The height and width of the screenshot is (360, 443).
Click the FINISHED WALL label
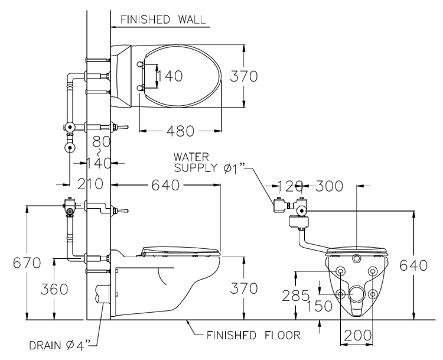(x=163, y=20)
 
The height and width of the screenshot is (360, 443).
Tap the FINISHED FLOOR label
(x=253, y=335)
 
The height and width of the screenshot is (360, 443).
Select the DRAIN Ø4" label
(x=60, y=346)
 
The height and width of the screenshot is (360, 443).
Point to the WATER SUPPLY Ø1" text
(x=209, y=163)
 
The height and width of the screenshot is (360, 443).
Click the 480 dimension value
(x=181, y=131)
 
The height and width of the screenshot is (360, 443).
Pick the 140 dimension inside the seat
(x=170, y=76)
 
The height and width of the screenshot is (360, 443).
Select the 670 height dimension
(x=27, y=263)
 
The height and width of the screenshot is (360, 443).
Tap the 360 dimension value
(x=54, y=289)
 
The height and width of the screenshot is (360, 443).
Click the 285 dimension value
(x=296, y=296)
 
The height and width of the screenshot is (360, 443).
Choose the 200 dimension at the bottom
(x=358, y=335)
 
